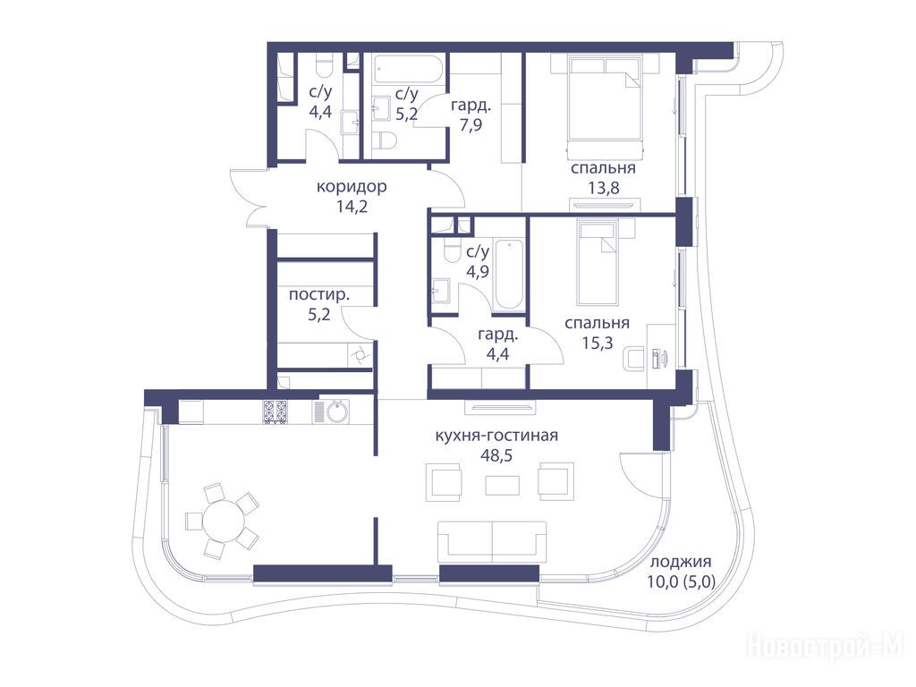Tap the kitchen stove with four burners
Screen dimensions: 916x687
[275, 411]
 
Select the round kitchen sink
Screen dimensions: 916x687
[337, 411]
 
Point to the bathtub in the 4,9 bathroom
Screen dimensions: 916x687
[509, 275]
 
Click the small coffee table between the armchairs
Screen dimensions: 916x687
[503, 486]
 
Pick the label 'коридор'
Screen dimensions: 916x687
[352, 187]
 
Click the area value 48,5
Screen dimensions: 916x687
[496, 455]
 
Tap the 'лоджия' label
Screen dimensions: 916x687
[681, 562]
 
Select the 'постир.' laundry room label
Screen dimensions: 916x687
[319, 295]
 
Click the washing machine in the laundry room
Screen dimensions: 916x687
[359, 354]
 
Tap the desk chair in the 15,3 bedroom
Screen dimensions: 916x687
[633, 359]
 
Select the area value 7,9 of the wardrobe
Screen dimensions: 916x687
[471, 125]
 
